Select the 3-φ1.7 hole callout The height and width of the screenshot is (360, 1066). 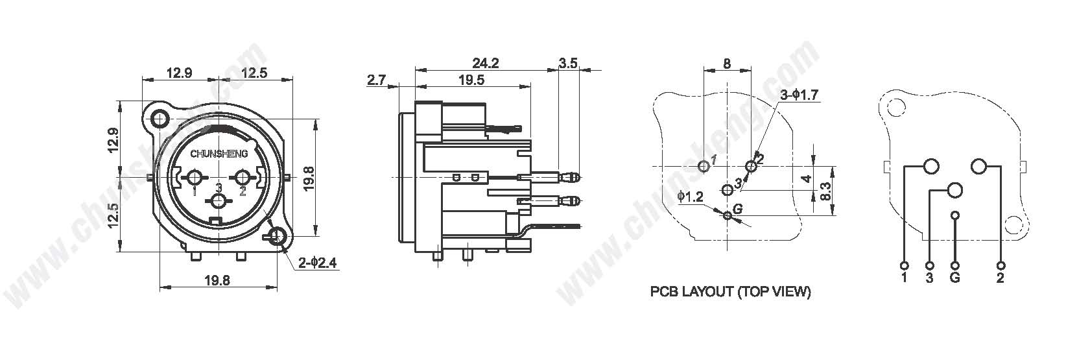click(799, 95)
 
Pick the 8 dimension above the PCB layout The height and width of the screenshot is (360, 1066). click(727, 64)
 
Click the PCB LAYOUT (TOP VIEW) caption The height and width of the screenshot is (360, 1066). click(730, 292)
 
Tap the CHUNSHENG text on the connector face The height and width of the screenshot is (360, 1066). click(215, 154)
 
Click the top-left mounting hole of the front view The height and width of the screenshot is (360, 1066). click(160, 118)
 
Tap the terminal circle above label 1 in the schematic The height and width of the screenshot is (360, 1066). click(905, 265)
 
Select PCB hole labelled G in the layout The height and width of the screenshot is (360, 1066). click(728, 216)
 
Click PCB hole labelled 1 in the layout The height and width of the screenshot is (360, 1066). click(704, 167)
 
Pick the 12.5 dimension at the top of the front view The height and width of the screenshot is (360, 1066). click(254, 73)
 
